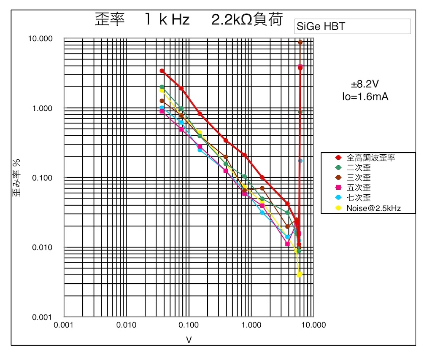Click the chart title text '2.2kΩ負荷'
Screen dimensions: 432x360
click(247, 19)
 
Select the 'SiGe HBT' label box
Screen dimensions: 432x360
click(352, 27)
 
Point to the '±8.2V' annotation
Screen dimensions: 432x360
click(365, 84)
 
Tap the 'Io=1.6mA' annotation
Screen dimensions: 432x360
click(365, 97)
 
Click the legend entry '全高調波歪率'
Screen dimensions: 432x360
click(370, 158)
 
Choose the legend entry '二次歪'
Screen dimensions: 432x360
click(359, 168)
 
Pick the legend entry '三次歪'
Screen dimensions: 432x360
click(359, 177)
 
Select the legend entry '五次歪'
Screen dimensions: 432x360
click(359, 188)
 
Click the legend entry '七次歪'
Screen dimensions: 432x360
click(359, 198)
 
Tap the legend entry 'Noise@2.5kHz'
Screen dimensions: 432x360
click(373, 208)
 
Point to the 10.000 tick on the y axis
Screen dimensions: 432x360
click(40, 38)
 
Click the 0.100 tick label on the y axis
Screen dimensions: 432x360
click(42, 178)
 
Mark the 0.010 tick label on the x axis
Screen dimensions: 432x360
click(126, 325)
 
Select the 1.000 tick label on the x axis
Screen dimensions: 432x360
click(251, 325)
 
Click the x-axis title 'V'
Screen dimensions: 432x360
click(189, 340)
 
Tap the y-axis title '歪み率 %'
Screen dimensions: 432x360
click(16, 178)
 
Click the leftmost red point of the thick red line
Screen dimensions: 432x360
click(162, 71)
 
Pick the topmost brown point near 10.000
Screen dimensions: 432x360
click(300, 43)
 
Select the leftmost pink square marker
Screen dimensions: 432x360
click(162, 111)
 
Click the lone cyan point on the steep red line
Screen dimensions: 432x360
click(300, 161)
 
